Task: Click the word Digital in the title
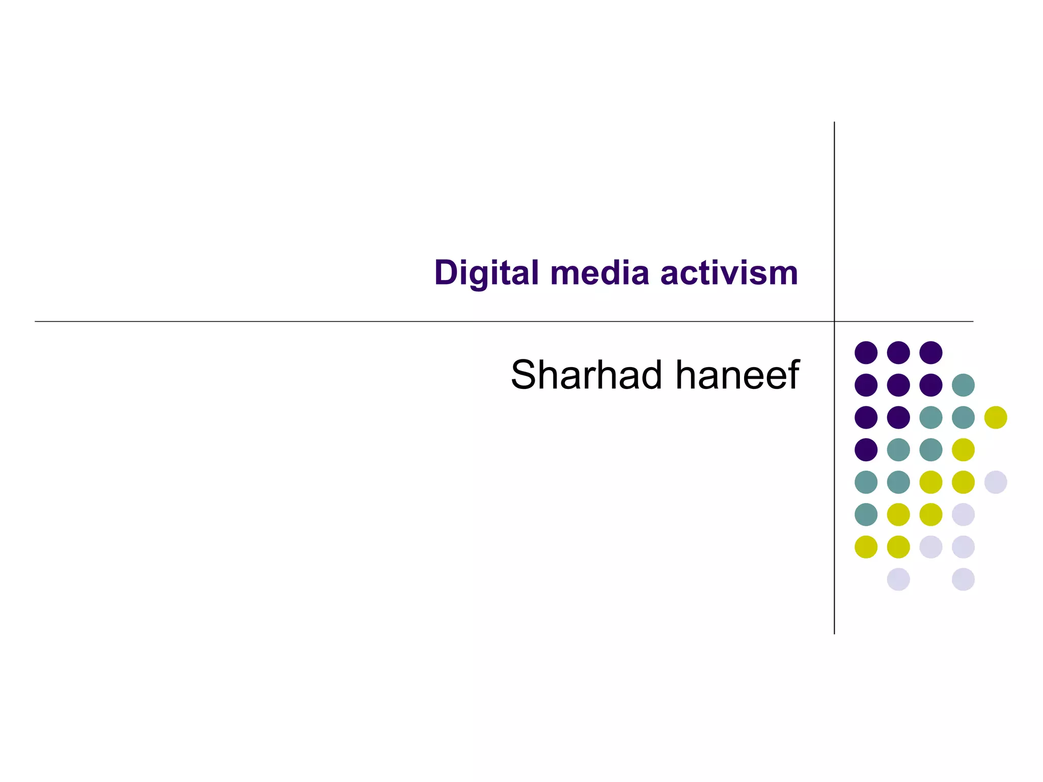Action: [x=486, y=273]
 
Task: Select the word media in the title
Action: [x=599, y=273]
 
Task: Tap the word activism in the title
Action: [x=729, y=273]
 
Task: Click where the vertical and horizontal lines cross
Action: [x=834, y=321]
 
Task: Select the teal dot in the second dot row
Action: [x=963, y=385]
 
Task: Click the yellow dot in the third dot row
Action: [x=996, y=417]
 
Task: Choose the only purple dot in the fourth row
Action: [x=866, y=450]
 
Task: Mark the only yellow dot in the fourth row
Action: [x=963, y=450]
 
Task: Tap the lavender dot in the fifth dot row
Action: [x=996, y=482]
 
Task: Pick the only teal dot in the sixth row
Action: [x=866, y=514]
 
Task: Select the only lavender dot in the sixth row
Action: [x=963, y=514]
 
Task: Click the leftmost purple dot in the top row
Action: [x=866, y=352]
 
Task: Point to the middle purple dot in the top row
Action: [x=898, y=352]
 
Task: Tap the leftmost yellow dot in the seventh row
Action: [x=866, y=547]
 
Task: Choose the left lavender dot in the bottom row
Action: [x=898, y=579]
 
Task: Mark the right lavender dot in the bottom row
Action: [x=963, y=579]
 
